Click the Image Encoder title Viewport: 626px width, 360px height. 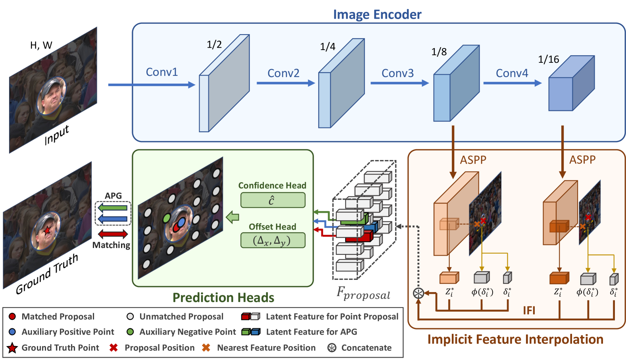[x=377, y=14]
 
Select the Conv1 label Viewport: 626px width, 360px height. [x=162, y=72]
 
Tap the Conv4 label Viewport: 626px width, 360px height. [x=512, y=73]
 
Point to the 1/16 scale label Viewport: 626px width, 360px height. [x=548, y=59]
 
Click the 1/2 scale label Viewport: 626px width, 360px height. [x=214, y=44]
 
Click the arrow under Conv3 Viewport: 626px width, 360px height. [x=399, y=83]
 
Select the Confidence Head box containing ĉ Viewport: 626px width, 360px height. [x=273, y=200]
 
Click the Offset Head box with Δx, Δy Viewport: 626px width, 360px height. [x=273, y=240]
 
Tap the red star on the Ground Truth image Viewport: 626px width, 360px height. [x=47, y=230]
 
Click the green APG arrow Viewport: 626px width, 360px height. [x=113, y=208]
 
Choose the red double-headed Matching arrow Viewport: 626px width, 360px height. [x=113, y=233]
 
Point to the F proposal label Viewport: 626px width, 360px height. [x=363, y=293]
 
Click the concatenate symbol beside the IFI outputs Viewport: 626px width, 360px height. [x=419, y=293]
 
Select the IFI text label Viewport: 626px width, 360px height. [x=529, y=310]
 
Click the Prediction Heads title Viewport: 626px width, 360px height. [x=223, y=297]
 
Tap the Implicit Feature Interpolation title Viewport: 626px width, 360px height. [x=515, y=339]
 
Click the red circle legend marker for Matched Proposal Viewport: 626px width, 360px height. [x=12, y=316]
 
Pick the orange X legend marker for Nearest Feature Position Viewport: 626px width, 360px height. [x=206, y=348]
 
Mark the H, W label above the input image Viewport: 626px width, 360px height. [x=41, y=45]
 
